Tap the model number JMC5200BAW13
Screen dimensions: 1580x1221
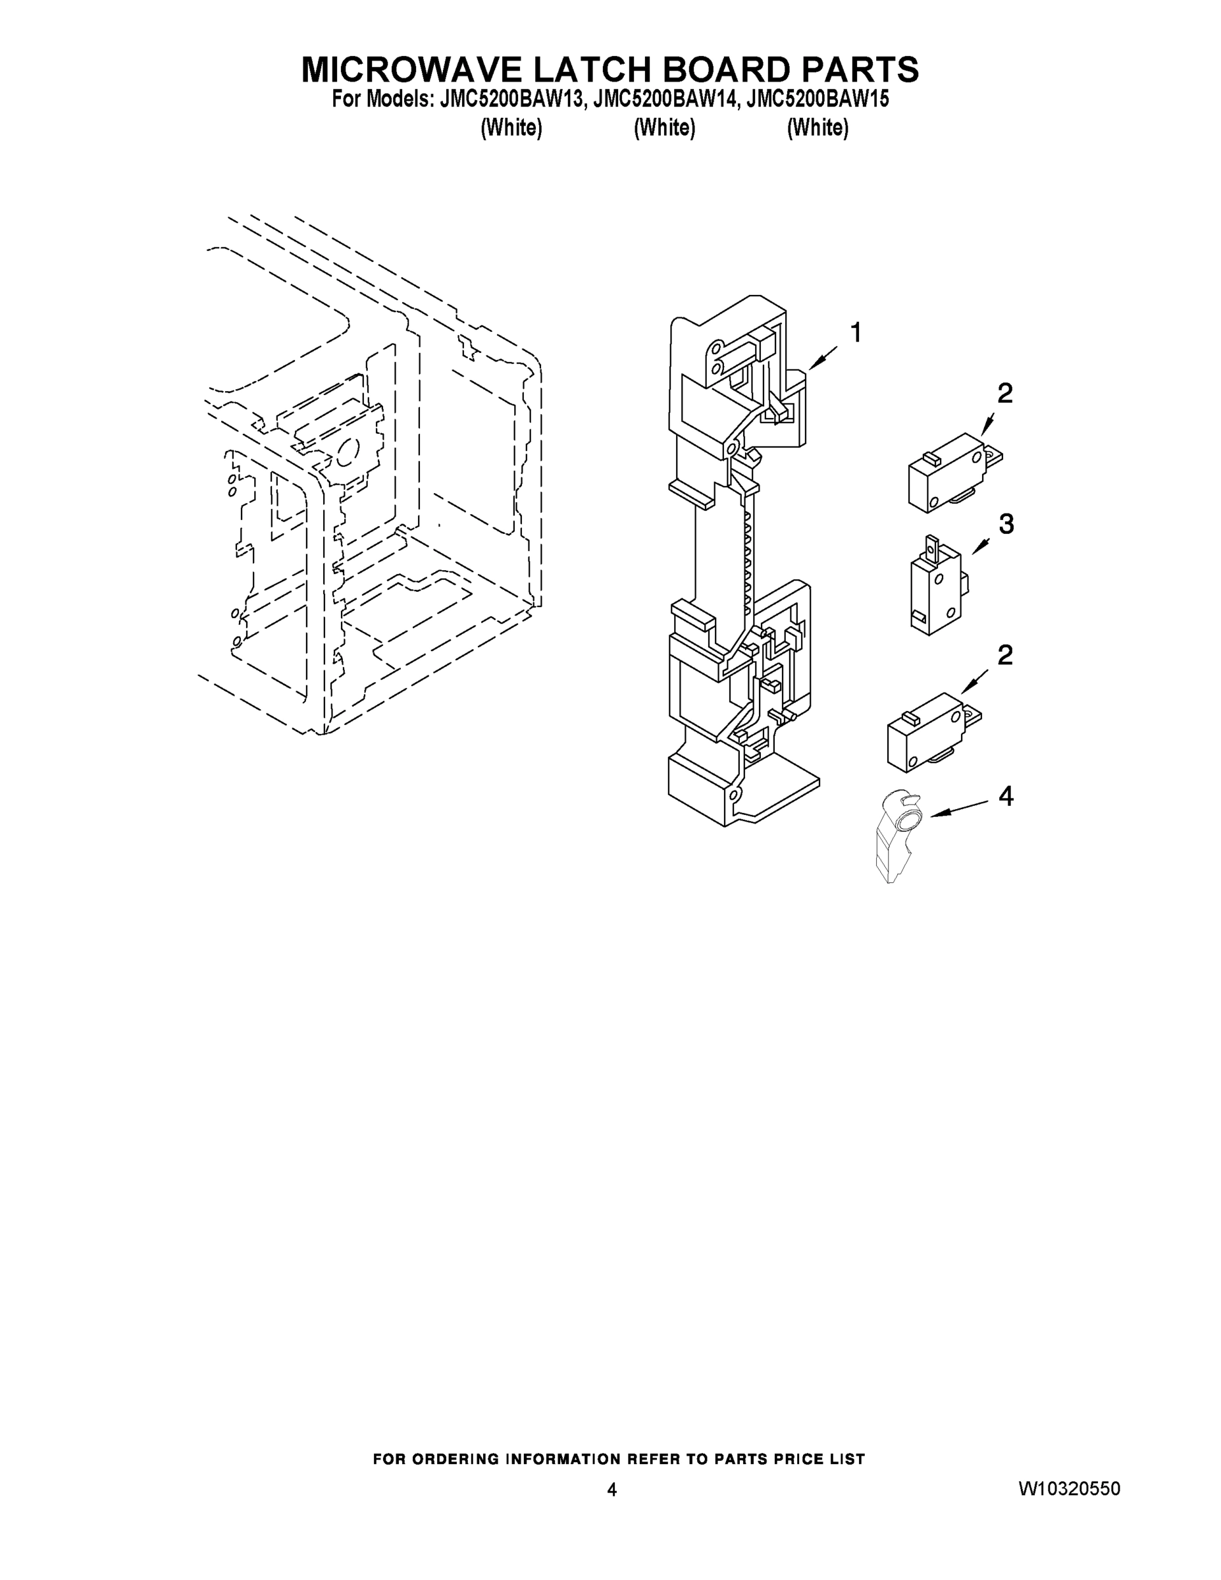point(511,99)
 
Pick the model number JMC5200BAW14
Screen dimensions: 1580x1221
point(664,99)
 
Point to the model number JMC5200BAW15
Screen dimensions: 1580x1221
point(818,99)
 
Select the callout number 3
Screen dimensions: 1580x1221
point(1006,525)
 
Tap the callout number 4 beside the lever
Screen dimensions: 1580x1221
point(1006,797)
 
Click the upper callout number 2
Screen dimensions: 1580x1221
point(1004,394)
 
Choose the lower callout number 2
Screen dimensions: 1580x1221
point(1004,656)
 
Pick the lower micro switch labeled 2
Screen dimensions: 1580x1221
point(931,732)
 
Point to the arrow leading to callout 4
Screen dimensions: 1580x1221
point(958,809)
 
